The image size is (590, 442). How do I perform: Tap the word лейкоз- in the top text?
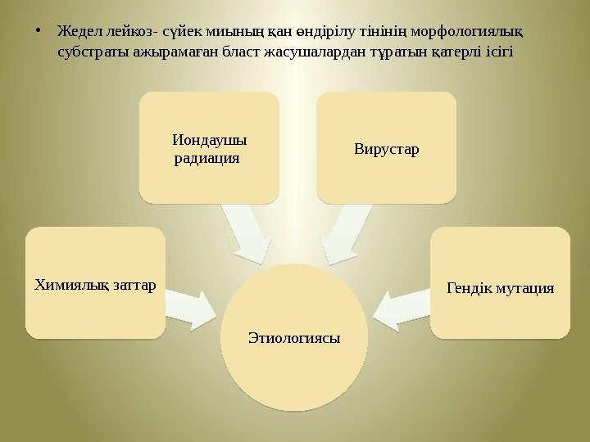[123, 33]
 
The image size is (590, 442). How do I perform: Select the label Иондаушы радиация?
[209, 147]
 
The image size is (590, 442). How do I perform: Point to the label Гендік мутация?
[500, 288]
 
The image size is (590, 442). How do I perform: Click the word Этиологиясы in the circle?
[294, 338]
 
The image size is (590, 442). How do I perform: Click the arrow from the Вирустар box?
[344, 232]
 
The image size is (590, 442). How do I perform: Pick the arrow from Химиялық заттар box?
[192, 303]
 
